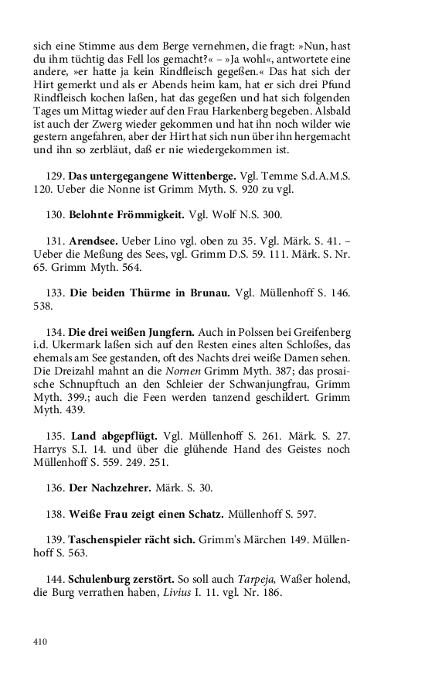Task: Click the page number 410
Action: pyautogui.click(x=40, y=641)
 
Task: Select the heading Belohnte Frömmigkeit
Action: pyautogui.click(x=130, y=214)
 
